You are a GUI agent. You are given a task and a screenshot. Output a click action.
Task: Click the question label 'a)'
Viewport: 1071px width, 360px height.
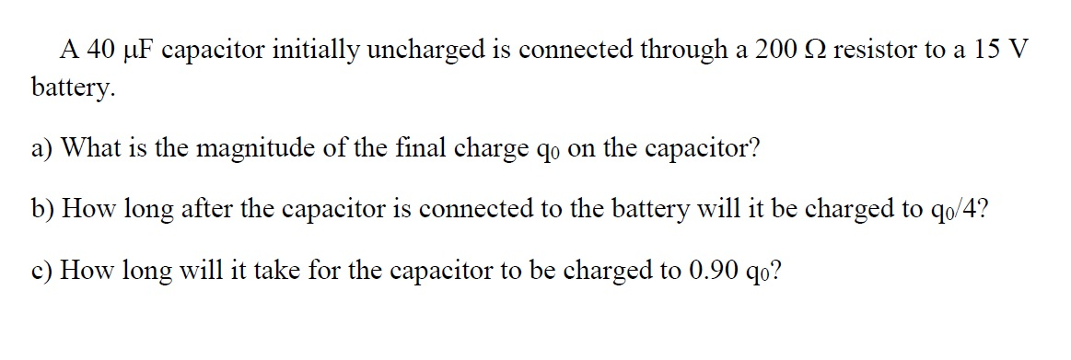coord(42,147)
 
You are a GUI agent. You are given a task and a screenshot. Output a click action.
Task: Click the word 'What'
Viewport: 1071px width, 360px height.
coord(92,147)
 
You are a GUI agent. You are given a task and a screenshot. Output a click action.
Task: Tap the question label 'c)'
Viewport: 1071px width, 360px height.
coord(42,272)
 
